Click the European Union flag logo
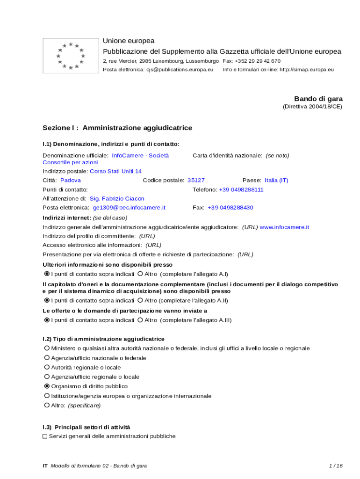71,56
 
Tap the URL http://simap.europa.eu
307,70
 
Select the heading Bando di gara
318,99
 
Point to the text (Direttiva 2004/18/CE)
312,107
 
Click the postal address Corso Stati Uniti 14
115,171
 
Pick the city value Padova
71,180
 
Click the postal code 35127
196,180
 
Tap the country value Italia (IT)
276,180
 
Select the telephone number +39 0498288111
241,189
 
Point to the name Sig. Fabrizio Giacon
117,198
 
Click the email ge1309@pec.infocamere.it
129,207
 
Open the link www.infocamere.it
284,227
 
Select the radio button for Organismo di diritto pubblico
47,386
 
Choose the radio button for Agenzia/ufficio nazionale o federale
47,358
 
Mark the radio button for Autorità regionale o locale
47,367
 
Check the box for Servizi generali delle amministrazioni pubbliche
45,436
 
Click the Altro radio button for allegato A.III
140,320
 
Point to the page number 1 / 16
336,465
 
